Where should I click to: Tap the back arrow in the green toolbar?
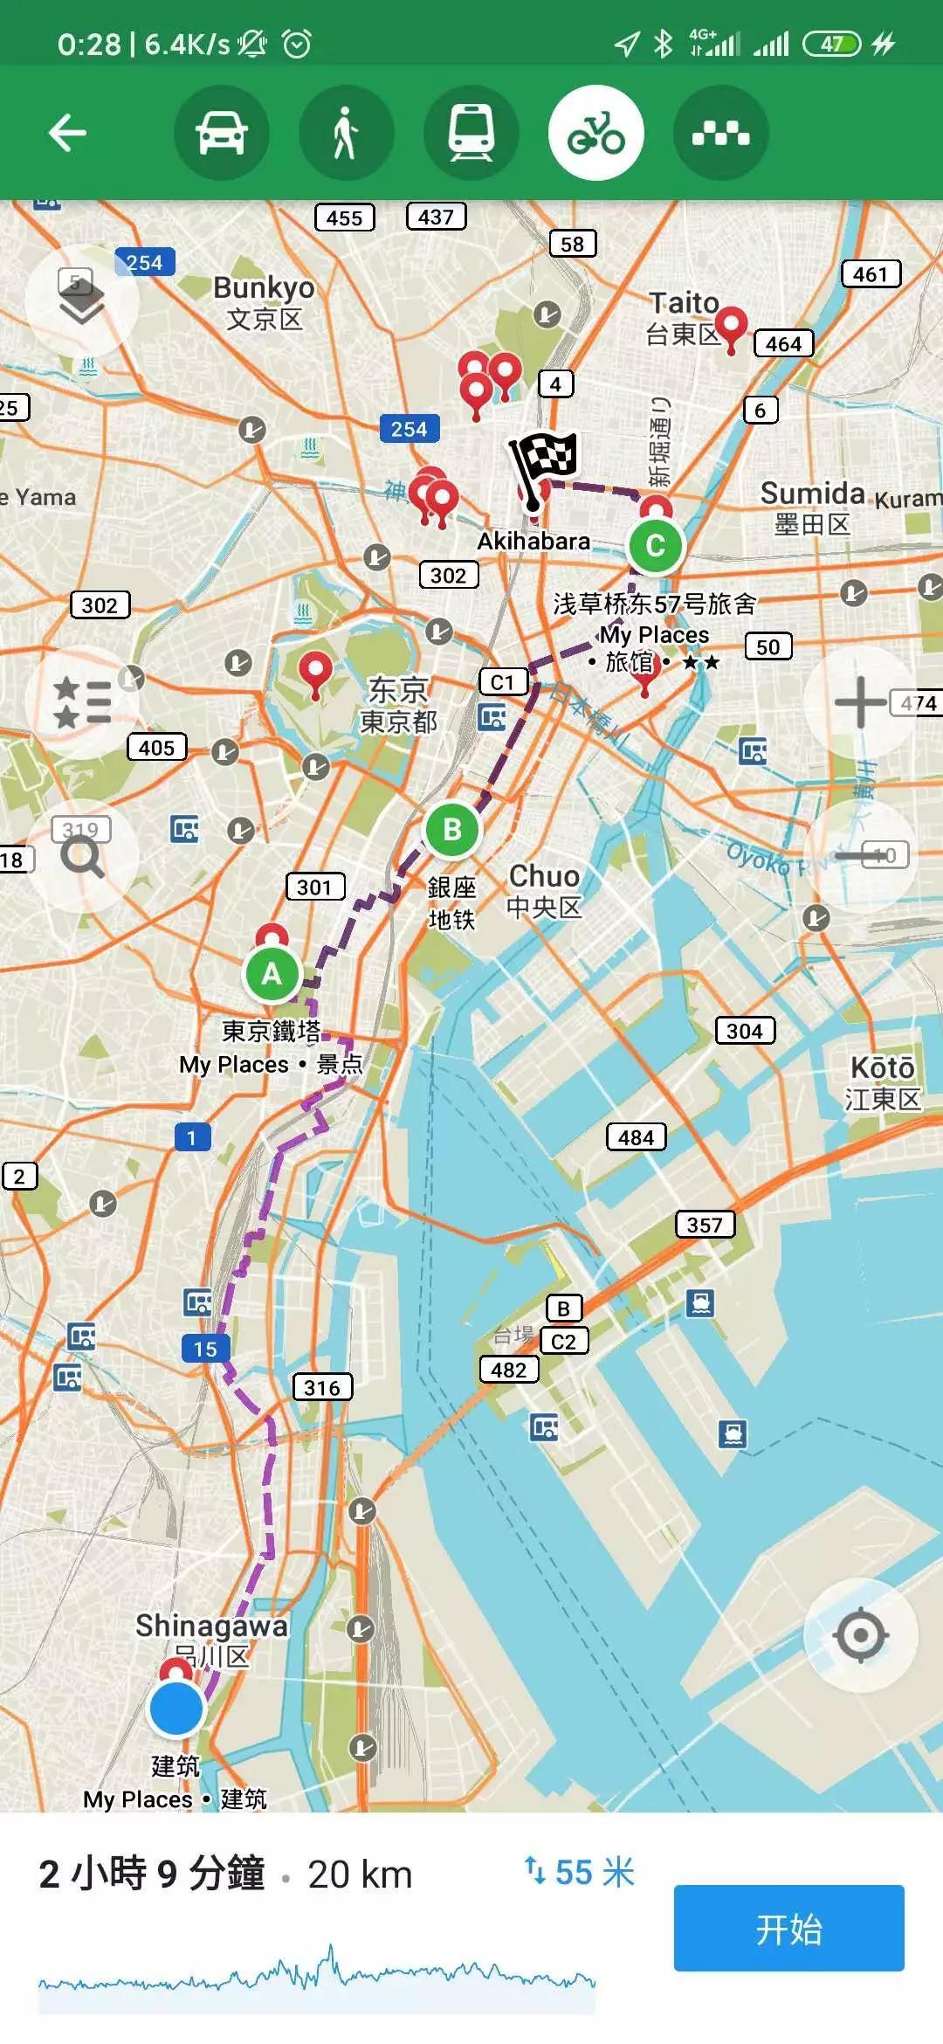(67, 133)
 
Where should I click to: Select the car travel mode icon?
(222, 133)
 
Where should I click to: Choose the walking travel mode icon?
(347, 133)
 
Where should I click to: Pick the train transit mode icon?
(471, 133)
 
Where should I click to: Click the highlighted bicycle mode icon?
(596, 133)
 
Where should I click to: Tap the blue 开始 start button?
(788, 1928)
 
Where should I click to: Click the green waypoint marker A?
(272, 973)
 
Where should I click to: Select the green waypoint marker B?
(452, 829)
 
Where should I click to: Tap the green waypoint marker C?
(655, 546)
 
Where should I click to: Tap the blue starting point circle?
(176, 1709)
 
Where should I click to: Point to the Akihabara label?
(533, 542)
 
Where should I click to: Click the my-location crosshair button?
(861, 1634)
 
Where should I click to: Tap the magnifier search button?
(82, 857)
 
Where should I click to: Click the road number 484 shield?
(636, 1137)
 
